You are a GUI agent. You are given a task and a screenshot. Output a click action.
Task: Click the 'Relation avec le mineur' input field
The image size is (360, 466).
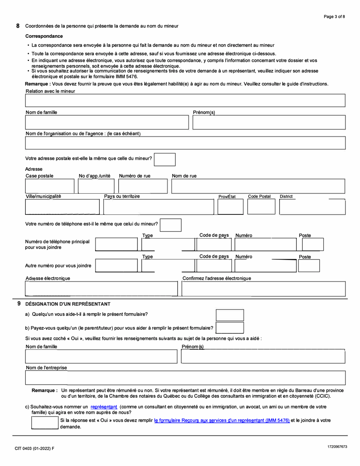pos(185,100)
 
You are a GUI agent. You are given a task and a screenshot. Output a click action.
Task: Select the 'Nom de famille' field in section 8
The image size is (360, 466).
pos(106,122)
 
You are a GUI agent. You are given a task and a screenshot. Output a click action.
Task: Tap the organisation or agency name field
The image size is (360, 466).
pos(185,142)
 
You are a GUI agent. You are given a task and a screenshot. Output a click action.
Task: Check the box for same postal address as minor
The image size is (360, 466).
pos(165,159)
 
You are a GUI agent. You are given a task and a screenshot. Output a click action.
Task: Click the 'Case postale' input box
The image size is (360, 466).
pos(50,186)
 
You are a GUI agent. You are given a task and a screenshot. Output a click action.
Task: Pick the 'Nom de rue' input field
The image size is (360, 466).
pos(258,186)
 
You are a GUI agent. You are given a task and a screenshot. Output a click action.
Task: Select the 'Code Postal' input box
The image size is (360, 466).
pos(261,206)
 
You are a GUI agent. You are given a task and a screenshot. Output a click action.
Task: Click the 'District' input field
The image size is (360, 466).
pos(312,206)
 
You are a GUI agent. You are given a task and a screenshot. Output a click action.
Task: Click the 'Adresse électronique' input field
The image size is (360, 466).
pos(101,289)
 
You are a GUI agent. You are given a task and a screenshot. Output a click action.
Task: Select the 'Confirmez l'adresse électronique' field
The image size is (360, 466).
pos(264,289)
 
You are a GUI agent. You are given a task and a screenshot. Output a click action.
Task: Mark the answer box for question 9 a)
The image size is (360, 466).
pos(230,315)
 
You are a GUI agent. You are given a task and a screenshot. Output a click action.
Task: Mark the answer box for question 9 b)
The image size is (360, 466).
pos(230,328)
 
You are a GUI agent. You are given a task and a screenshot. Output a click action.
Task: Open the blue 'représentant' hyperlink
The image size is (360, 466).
pos(103,407)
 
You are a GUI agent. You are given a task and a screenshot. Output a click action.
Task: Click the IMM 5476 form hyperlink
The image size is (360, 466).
pos(222,420)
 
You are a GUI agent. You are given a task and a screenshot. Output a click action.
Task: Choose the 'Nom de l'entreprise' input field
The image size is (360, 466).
pos(185,378)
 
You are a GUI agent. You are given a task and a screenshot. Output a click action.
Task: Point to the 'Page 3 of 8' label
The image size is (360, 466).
pos(334,17)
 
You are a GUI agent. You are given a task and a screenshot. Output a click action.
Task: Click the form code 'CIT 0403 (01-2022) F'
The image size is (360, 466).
pos(34,449)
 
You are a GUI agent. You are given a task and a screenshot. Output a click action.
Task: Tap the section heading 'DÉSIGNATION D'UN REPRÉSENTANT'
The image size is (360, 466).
pos(67,304)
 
